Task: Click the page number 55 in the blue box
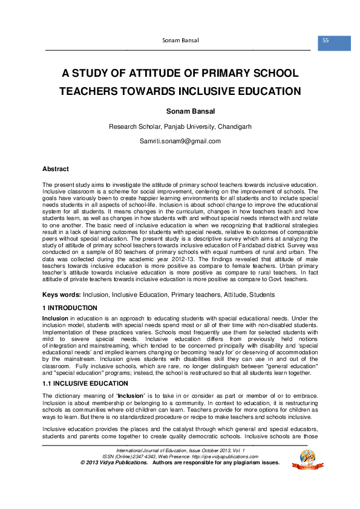coord(326,41)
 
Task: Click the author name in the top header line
coord(181,41)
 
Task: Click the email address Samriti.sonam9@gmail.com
coord(180,141)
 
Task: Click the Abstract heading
coord(55,169)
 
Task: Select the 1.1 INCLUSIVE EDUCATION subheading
coord(84,383)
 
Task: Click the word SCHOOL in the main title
coord(275,74)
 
